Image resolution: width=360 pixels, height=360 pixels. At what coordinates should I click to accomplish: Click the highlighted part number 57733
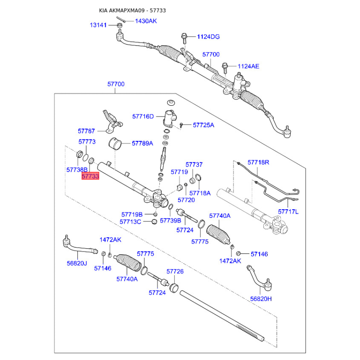tap(90, 176)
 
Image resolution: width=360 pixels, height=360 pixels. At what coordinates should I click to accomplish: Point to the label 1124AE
tap(248, 66)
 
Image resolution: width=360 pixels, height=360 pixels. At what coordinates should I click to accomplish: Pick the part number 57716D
tap(143, 117)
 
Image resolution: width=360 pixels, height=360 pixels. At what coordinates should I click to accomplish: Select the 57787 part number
tap(86, 131)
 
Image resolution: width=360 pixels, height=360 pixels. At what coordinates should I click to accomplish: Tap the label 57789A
tap(142, 144)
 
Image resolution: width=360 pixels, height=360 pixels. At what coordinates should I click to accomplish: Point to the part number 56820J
tap(76, 263)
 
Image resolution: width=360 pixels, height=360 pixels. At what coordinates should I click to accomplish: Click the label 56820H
tap(261, 298)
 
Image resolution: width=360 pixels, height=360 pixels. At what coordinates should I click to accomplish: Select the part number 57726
tap(175, 271)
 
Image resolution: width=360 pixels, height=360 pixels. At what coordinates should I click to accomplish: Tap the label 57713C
tap(130, 221)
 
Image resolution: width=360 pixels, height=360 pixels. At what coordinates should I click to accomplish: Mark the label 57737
tap(194, 165)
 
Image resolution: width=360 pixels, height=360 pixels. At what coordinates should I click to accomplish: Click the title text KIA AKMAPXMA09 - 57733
tap(130, 10)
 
